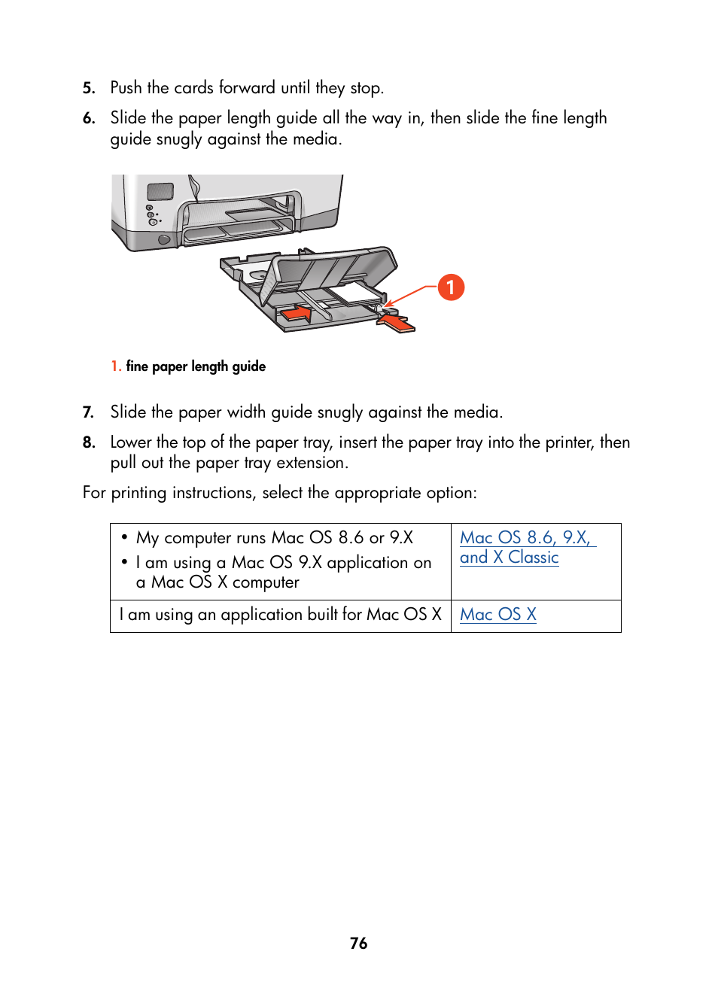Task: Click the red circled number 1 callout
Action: pyautogui.click(x=451, y=287)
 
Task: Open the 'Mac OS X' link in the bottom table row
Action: pyautogui.click(x=497, y=615)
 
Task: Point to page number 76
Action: pyautogui.click(x=359, y=944)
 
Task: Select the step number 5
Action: pyautogui.click(x=89, y=88)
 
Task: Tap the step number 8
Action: pyautogui.click(x=89, y=442)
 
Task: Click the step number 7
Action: pyautogui.click(x=89, y=412)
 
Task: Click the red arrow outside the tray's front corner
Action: pyautogui.click(x=396, y=323)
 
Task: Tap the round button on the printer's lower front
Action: pyautogui.click(x=164, y=240)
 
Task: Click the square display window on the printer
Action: pyautogui.click(x=160, y=192)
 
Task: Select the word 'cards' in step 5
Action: pyautogui.click(x=193, y=88)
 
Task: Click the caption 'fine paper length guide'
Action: pyautogui.click(x=196, y=366)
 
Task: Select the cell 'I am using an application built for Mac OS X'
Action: pyautogui.click(x=280, y=615)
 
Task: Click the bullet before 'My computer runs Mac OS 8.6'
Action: pyautogui.click(x=125, y=537)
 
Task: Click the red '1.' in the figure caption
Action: pyautogui.click(x=116, y=366)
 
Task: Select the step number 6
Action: pyautogui.click(x=89, y=118)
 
